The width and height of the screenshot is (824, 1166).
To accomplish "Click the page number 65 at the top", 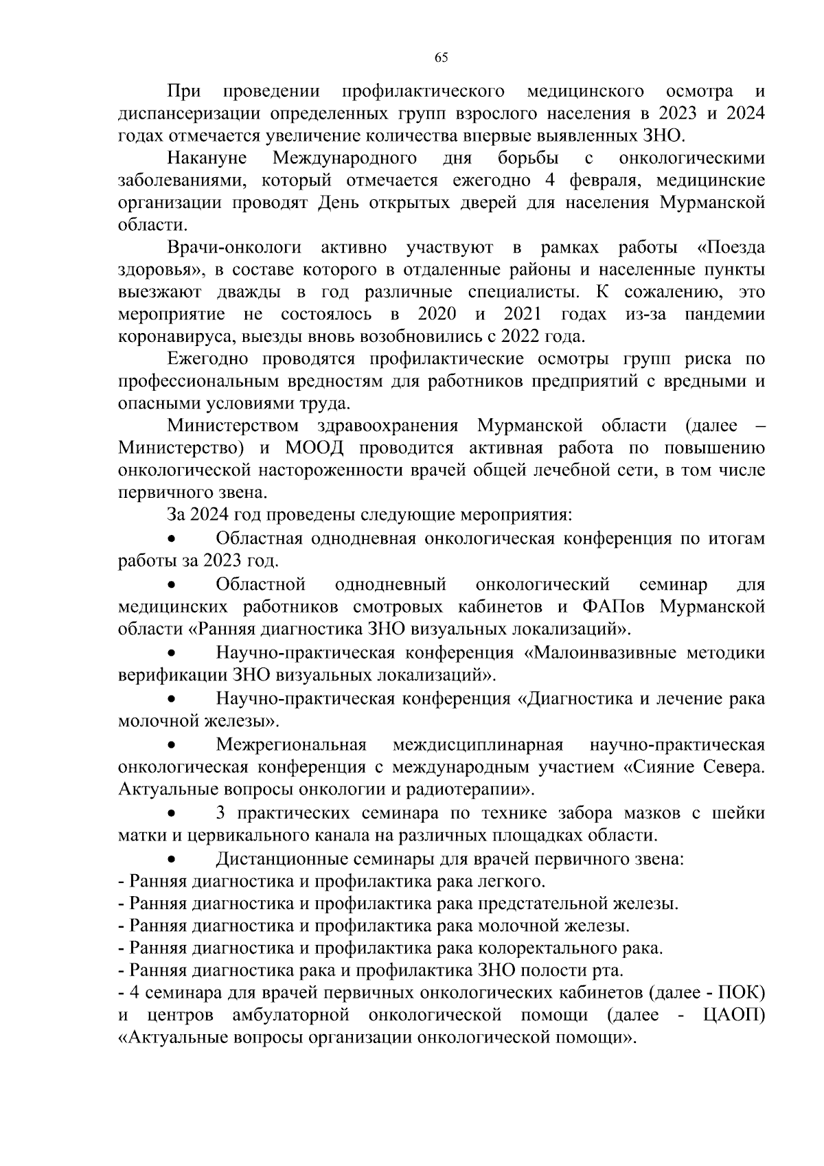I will point(441,58).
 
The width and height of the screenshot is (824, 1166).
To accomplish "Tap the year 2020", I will point(437,315).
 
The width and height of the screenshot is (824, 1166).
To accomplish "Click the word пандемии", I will point(724,315).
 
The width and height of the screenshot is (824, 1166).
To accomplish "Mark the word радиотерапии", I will point(466,788).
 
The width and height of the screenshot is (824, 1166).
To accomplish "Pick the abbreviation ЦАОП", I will point(734,1015).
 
